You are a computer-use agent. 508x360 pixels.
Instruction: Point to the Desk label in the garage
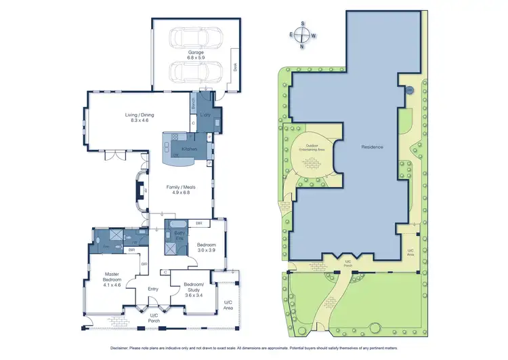(236, 67)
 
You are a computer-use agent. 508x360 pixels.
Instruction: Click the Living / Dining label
(140, 115)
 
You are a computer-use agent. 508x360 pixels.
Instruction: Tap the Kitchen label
(189, 148)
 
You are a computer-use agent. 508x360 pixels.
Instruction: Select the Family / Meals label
(180, 187)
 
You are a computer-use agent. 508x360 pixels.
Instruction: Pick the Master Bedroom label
(112, 277)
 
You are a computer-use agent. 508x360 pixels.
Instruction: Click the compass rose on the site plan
(303, 35)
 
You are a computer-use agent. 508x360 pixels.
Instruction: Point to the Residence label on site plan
(372, 146)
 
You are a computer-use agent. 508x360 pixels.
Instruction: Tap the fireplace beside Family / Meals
(138, 192)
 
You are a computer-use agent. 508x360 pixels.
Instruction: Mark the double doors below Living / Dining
(119, 155)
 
